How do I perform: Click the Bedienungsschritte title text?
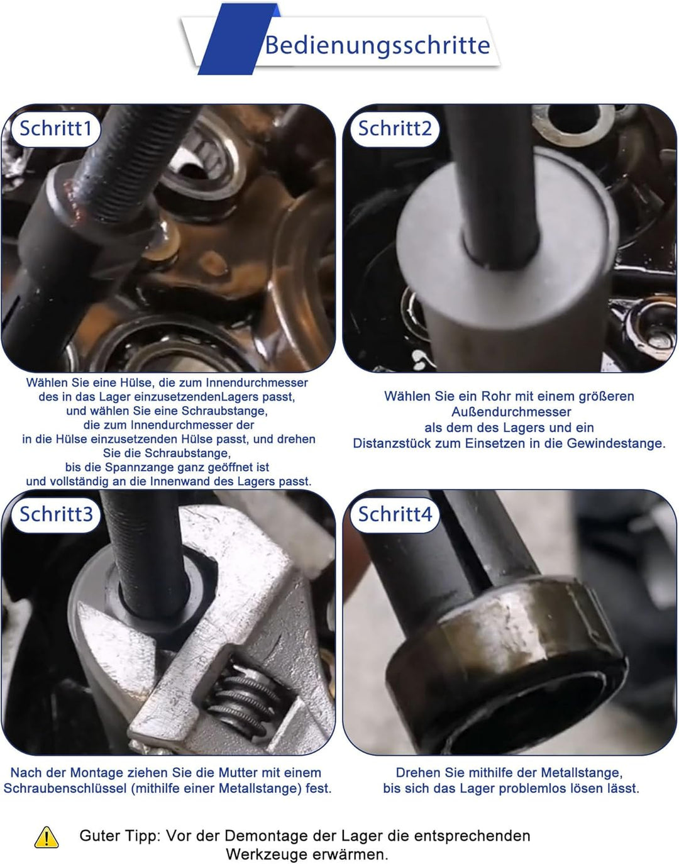tap(377, 45)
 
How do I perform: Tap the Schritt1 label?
tap(56, 128)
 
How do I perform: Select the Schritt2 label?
tap(395, 128)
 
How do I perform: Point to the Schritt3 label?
tap(56, 514)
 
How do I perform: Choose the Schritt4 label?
tap(395, 514)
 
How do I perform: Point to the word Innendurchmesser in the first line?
tap(257, 382)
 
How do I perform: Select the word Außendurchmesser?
tap(511, 412)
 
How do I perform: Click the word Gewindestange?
tap(616, 443)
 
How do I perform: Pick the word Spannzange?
tap(135, 467)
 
